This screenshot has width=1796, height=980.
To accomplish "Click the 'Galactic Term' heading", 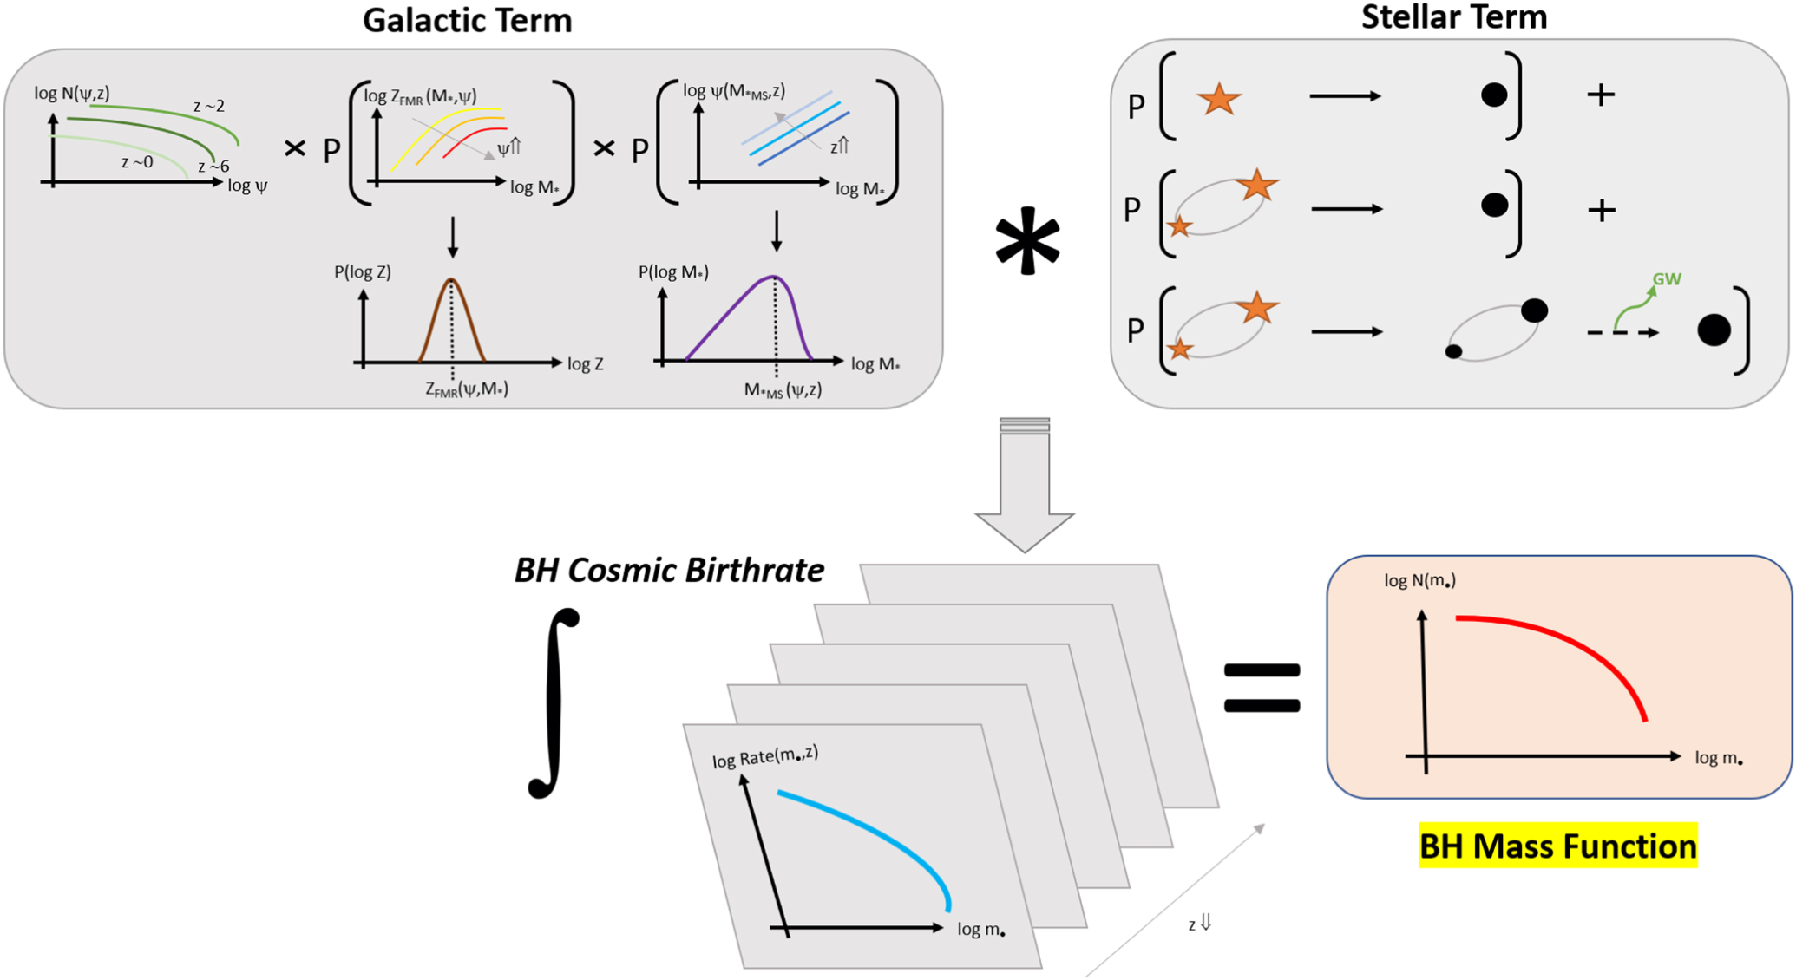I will tap(467, 21).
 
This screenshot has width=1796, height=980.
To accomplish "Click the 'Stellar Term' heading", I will tap(1453, 17).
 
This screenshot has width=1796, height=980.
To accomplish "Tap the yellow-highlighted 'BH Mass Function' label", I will tap(1557, 846).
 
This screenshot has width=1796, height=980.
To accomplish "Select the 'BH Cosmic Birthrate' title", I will tap(669, 571).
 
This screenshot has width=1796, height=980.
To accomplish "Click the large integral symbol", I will tap(554, 702).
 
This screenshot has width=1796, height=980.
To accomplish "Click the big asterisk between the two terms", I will tap(1027, 241).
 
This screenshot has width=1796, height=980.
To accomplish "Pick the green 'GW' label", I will tap(1667, 279).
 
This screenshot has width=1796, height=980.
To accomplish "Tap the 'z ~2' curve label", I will tap(209, 106).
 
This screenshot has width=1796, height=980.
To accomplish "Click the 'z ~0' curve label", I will tap(137, 162).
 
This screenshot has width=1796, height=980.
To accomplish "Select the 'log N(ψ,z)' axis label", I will tap(72, 93).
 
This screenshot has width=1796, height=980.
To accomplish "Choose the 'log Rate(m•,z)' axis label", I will tap(765, 756).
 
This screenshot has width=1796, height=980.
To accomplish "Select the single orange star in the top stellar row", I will tap(1218, 99).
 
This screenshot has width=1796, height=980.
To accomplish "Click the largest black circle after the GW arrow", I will tap(1714, 330).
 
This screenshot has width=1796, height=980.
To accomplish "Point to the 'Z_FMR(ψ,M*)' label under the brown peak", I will tap(467, 389).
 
